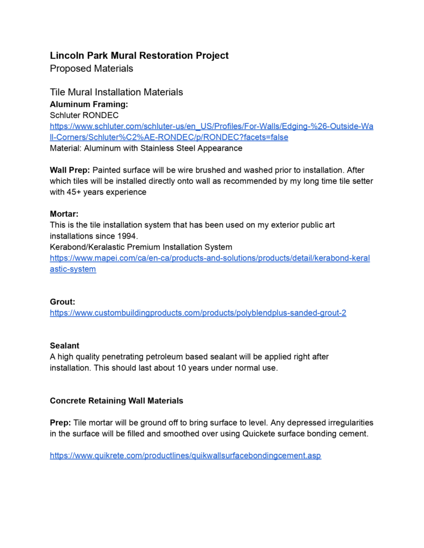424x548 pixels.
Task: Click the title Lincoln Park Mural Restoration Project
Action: pos(139,56)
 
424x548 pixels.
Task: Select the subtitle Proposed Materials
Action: pos(92,68)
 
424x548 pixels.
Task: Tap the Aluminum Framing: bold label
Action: pos(89,104)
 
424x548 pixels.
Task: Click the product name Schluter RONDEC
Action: pos(84,115)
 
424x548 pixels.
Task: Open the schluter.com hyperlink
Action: pos(211,126)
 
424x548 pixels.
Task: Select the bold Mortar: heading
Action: pos(64,214)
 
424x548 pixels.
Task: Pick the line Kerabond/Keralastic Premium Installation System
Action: pos(141,247)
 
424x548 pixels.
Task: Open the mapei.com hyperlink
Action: pos(210,258)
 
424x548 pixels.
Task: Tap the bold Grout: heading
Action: pos(63,302)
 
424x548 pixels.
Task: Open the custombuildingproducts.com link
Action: pos(198,313)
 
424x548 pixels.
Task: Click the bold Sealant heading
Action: pos(64,346)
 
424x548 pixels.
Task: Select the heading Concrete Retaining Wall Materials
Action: pos(116,401)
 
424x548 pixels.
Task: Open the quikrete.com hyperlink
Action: pos(185,456)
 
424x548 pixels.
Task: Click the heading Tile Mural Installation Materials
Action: pos(116,92)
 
